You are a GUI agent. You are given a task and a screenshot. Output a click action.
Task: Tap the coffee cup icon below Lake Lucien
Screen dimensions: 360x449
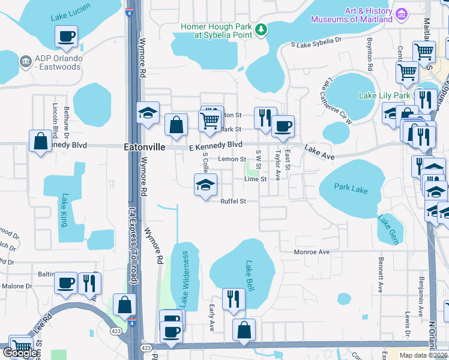click(67, 37)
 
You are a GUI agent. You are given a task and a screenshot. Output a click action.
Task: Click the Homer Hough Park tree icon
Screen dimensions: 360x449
click(261, 29)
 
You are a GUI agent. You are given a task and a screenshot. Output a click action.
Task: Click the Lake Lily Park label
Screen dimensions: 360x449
click(384, 95)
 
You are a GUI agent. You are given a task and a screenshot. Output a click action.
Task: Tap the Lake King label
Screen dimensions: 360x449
click(64, 210)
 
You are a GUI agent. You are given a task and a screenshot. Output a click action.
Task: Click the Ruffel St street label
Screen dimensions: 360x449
click(233, 202)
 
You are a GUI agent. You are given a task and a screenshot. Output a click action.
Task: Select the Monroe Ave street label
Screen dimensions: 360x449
click(312, 253)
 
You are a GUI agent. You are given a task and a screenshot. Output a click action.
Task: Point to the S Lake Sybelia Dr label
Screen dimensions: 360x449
click(316, 44)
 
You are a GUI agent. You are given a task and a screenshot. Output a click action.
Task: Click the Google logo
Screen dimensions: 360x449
click(20, 353)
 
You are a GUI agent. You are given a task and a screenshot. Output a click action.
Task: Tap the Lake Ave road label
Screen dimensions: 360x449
click(319, 152)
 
